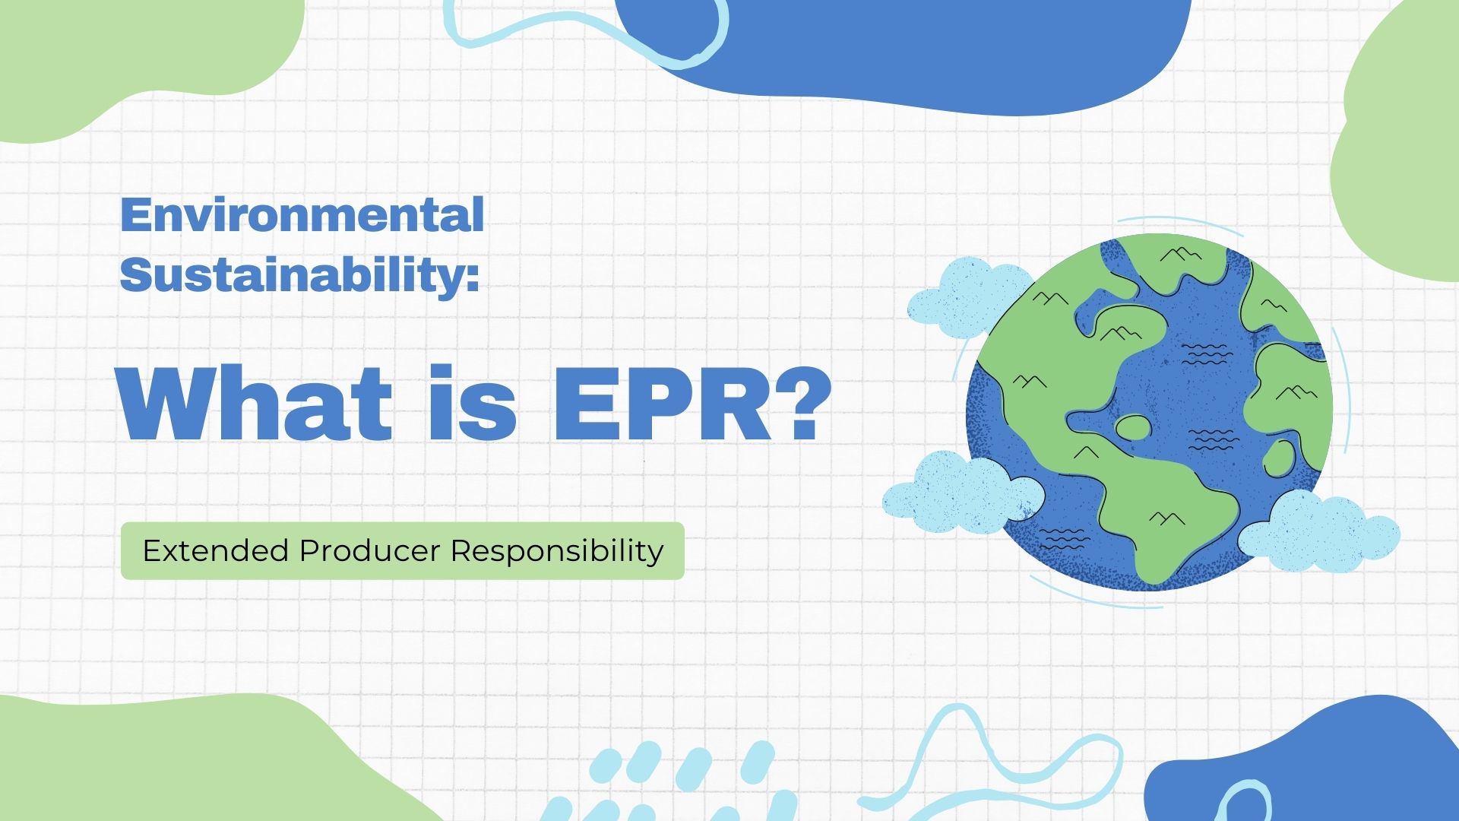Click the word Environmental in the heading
[302, 215]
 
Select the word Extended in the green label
[215, 550]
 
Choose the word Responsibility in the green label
[557, 550]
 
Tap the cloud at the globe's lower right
[1318, 531]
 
